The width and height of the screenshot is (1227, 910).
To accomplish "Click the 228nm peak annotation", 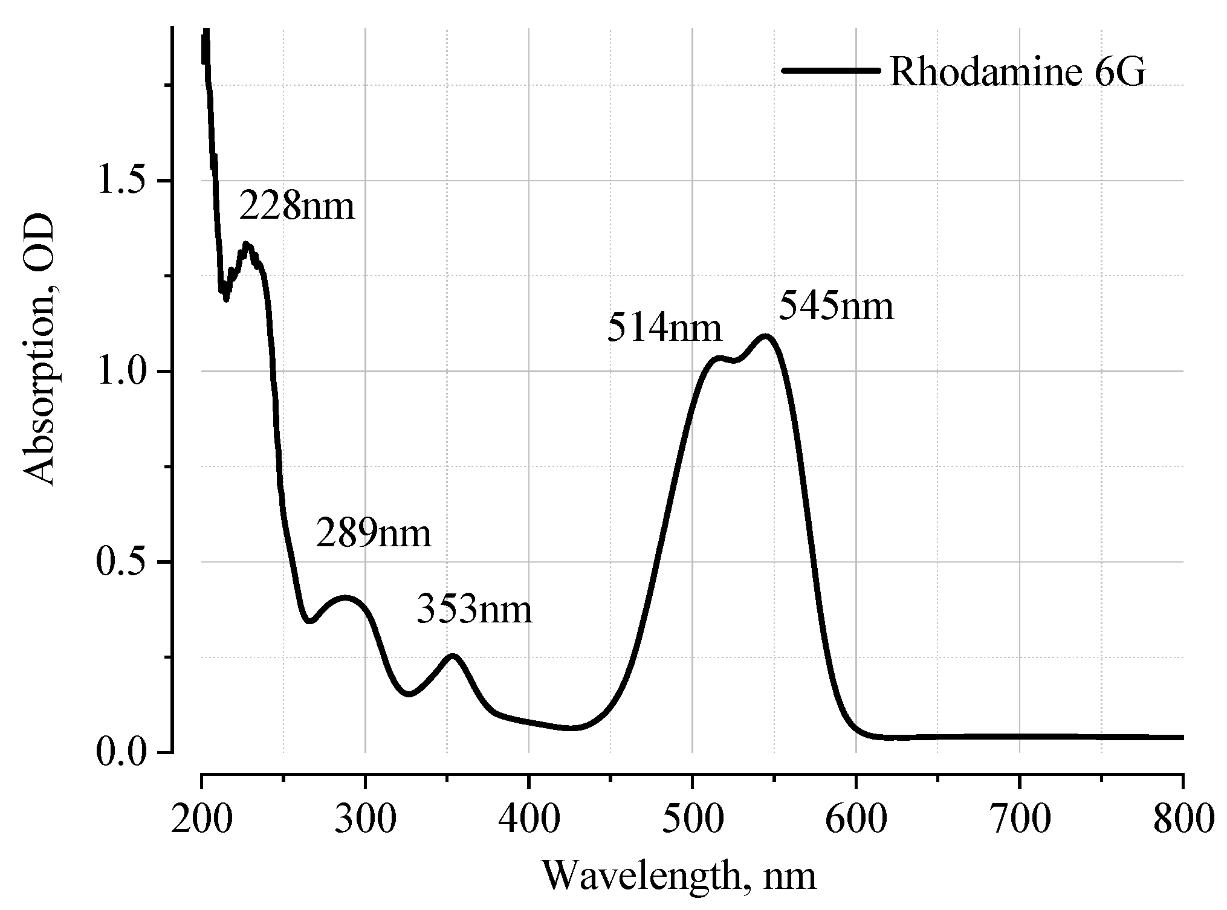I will pyautogui.click(x=297, y=207).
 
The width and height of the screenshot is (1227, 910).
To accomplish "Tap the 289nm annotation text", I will pyautogui.click(x=374, y=534).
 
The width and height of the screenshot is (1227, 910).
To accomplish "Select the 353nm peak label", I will pyautogui.click(x=474, y=610).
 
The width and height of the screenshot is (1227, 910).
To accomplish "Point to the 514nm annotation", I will pyautogui.click(x=664, y=329).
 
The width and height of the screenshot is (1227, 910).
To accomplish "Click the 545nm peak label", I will pyautogui.click(x=836, y=306).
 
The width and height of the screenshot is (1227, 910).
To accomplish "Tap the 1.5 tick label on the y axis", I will pyautogui.click(x=125, y=181).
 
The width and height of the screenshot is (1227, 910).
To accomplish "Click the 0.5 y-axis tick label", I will pyautogui.click(x=125, y=563).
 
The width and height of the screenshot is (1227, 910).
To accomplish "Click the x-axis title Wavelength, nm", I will pyautogui.click(x=679, y=876).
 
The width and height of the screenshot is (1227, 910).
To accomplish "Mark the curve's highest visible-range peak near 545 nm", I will pyautogui.click(x=765, y=336).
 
